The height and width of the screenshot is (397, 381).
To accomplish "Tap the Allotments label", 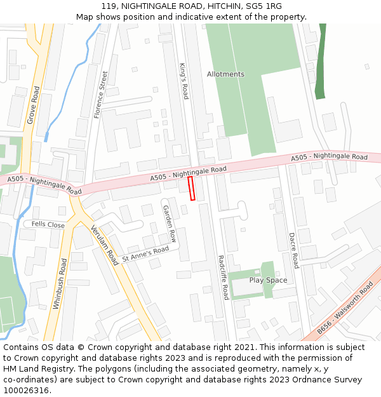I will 225,74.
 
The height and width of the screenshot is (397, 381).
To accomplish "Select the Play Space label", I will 268,280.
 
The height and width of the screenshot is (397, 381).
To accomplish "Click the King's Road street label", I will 184,81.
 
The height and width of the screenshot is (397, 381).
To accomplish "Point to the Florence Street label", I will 101,95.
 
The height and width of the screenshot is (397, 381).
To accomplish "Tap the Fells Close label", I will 48,225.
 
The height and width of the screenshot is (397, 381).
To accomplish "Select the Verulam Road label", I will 104,245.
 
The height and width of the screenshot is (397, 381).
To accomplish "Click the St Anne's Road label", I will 145,254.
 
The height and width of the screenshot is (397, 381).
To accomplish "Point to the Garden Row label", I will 169,223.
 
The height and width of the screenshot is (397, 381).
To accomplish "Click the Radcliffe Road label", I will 222,277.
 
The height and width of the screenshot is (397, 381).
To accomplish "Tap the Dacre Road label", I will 293,250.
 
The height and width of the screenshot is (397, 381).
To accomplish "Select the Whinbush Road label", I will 60,283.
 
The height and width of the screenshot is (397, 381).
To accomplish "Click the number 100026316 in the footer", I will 27,390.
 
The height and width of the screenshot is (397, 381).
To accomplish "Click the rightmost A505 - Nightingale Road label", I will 329,156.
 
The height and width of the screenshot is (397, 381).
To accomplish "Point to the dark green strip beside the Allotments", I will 321,64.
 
